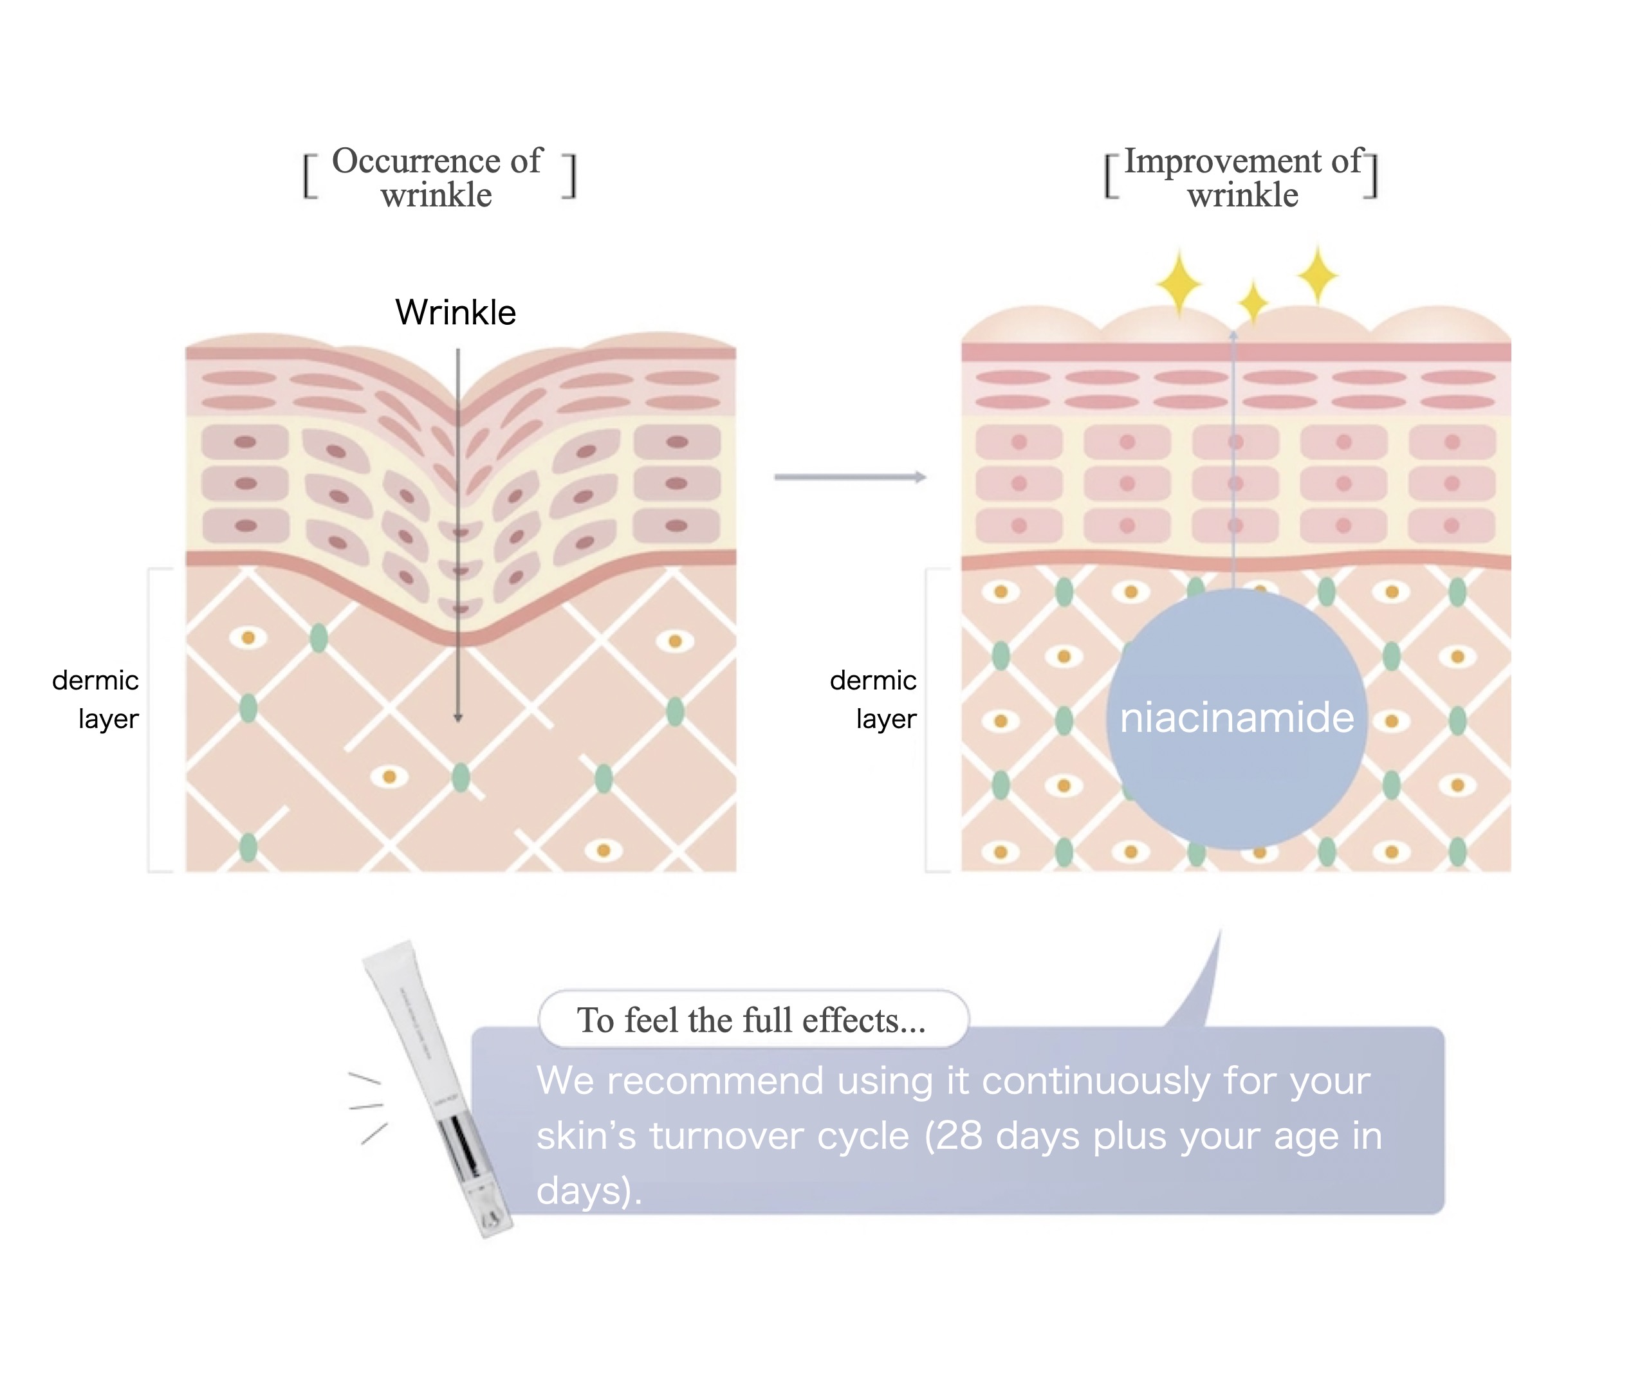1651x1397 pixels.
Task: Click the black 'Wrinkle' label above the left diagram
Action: (456, 312)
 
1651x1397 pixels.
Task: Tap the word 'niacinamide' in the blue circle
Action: (1236, 718)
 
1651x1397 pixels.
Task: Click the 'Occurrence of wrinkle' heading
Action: (438, 178)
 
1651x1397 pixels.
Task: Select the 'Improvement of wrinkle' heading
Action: (1243, 178)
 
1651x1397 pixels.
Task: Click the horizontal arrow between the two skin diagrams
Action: (850, 477)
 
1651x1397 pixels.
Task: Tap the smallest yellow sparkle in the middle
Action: (1253, 302)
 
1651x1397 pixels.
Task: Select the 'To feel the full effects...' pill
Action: (753, 1019)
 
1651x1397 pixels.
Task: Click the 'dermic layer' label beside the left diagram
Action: (97, 699)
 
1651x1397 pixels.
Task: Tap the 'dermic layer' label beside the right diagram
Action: (874, 699)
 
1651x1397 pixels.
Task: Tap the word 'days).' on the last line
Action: (589, 1191)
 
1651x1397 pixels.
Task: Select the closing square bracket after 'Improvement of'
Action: (1370, 175)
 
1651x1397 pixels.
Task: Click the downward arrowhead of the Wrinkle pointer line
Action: (458, 718)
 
